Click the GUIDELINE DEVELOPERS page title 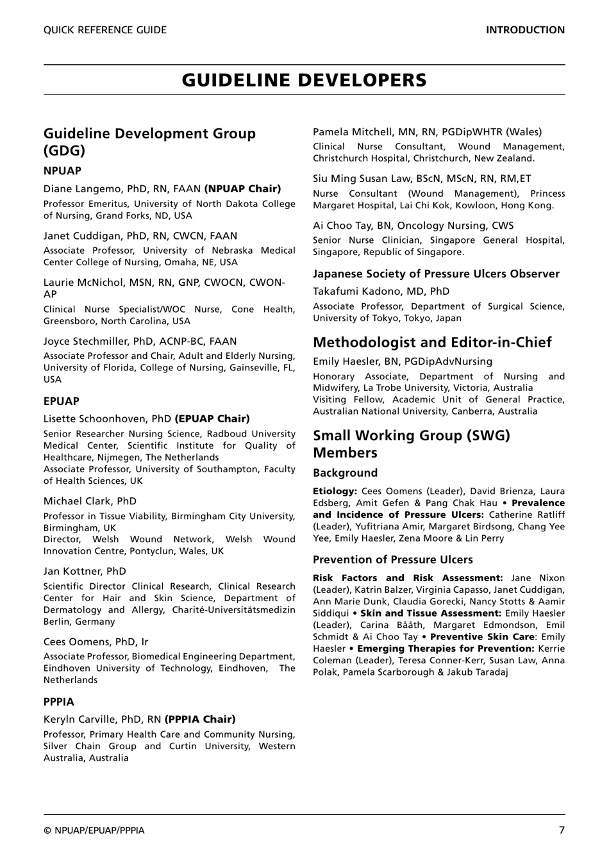304,80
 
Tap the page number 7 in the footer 562,830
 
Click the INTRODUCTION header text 525,30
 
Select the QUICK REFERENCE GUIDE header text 105,30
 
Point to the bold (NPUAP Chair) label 242,188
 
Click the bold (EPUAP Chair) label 212,418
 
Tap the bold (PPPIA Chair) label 200,719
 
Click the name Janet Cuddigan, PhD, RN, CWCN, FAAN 140,236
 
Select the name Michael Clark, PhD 90,501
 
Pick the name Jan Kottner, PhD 85,571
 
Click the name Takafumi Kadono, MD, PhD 381,291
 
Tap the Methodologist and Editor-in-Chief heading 432,342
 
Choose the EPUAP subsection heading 62,401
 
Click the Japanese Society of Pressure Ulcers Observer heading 436,274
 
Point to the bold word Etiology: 335,492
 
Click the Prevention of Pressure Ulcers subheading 392,559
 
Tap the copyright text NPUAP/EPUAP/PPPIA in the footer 94,831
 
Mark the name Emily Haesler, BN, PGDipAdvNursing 403,361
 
